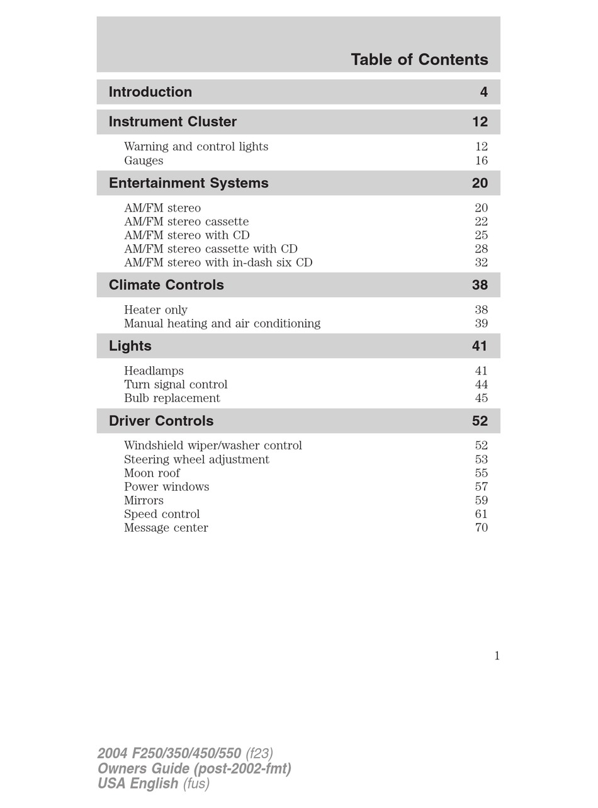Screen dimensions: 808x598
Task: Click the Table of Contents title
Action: (x=419, y=60)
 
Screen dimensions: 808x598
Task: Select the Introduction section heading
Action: (x=150, y=92)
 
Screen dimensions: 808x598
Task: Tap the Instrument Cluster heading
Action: (x=172, y=121)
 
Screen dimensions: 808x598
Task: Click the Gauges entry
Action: (x=144, y=160)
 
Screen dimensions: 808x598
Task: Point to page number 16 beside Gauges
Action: (x=481, y=160)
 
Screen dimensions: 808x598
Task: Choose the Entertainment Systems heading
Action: (x=188, y=183)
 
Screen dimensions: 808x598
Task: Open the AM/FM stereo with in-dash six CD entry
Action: (x=218, y=262)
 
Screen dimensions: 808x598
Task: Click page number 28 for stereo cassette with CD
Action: (x=481, y=249)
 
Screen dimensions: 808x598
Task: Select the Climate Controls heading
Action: (x=166, y=285)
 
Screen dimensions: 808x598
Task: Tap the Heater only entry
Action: (x=155, y=310)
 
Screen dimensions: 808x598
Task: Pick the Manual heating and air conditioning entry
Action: (x=222, y=323)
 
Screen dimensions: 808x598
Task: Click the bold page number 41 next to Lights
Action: (x=480, y=346)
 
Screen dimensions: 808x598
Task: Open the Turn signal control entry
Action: (x=176, y=384)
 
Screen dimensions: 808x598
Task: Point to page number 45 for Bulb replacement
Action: (x=481, y=398)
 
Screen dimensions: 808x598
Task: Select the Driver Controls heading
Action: (x=161, y=421)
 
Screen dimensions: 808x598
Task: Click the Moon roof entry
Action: (x=152, y=473)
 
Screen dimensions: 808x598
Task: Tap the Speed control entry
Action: (x=162, y=514)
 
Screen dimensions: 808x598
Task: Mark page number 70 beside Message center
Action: (x=481, y=528)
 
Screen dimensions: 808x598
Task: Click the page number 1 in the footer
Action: (x=497, y=656)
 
